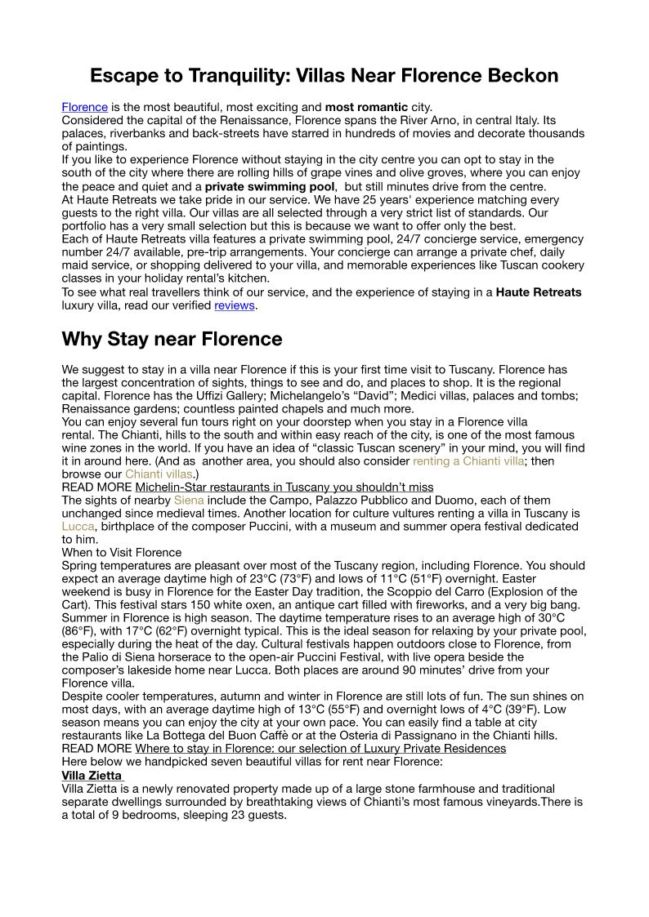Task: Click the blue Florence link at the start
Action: [85, 107]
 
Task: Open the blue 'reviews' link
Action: [235, 305]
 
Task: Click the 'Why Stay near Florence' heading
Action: [172, 339]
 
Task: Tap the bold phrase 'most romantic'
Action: [366, 107]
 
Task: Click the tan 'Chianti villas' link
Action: [159, 474]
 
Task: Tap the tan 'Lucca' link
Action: [78, 527]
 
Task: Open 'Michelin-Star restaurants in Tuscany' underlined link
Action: [284, 487]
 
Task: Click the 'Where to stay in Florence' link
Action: [320, 749]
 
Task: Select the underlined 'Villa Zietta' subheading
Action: [92, 775]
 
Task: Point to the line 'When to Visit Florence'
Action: [122, 553]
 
